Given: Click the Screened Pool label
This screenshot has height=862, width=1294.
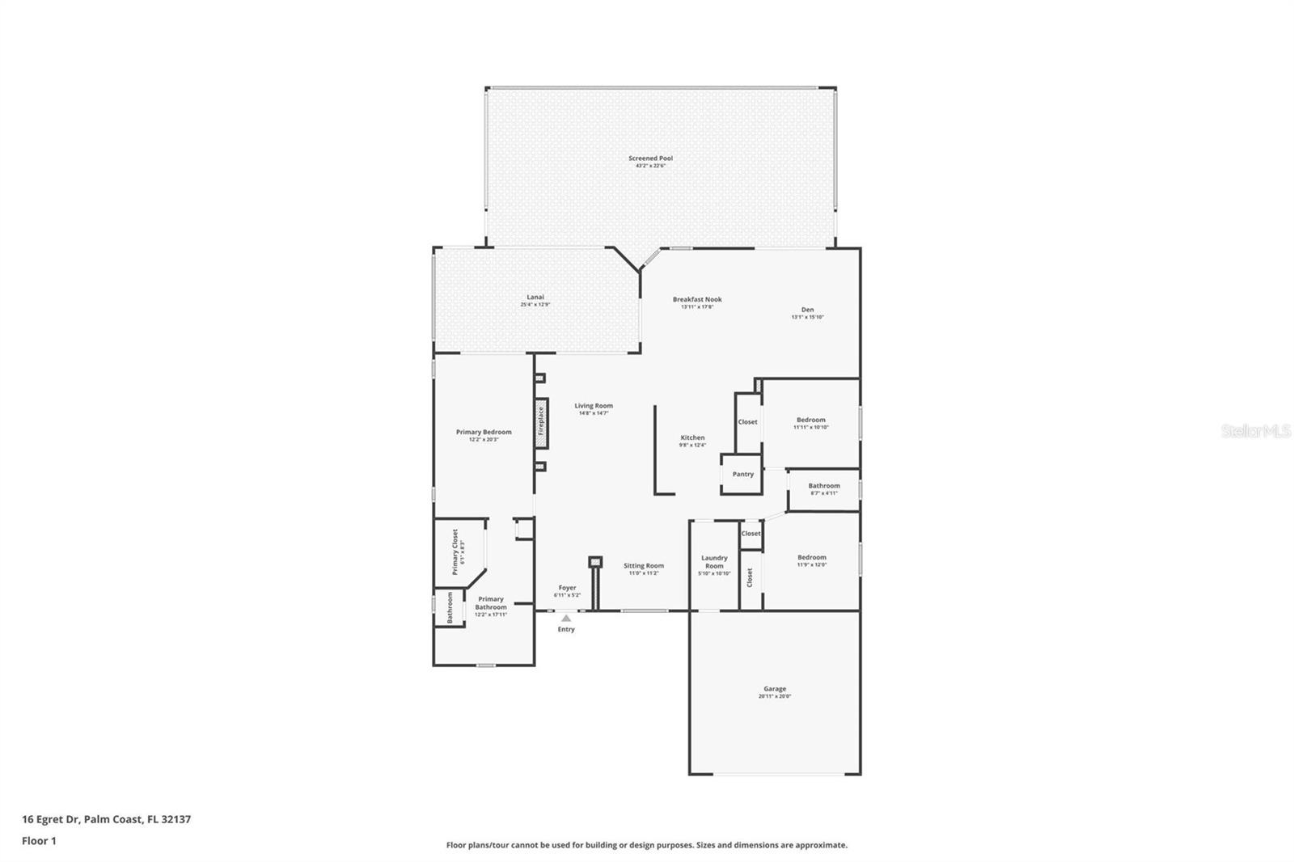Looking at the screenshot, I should (650, 158).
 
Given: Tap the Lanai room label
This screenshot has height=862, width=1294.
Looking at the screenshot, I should (535, 298).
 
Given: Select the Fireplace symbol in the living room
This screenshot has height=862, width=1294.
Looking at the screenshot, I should (541, 423).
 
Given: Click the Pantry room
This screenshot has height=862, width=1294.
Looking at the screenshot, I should (742, 475).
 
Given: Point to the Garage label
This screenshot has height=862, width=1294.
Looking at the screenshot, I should (774, 690).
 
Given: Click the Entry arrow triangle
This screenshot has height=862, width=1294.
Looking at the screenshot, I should (566, 618).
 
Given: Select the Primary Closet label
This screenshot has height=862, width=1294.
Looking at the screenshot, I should (455, 552).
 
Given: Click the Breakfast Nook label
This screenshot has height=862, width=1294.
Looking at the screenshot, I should (697, 300).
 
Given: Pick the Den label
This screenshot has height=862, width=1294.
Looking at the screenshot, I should (807, 310).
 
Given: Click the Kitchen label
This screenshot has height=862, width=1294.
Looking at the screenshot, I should (692, 438).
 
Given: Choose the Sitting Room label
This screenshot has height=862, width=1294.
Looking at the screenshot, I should (644, 566).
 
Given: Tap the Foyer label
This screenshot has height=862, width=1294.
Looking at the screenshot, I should (567, 588).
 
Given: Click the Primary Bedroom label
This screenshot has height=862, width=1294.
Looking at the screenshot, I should (484, 433).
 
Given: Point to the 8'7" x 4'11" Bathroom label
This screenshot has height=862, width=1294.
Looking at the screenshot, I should (823, 486).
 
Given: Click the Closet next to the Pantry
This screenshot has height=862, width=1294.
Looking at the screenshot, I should (747, 422).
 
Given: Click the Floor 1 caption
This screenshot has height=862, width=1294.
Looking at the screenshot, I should (39, 841).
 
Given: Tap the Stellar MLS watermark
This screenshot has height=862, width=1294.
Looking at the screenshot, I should (1255, 432).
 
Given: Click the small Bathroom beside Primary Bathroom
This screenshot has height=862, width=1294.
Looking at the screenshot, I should (450, 607).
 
